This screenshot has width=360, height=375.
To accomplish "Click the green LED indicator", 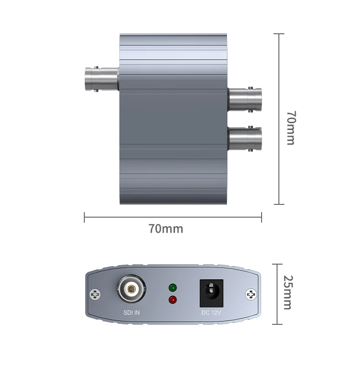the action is point(172,288).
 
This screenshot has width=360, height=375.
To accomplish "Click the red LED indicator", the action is point(172,300).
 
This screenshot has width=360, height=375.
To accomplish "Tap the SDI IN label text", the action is point(132,312).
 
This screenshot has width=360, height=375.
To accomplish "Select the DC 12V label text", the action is point(211,312).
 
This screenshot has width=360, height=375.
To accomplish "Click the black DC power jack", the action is point(211,293).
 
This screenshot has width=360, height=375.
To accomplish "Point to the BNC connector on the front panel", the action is point(131,289).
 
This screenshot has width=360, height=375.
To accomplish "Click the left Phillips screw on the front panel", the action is point(95,294).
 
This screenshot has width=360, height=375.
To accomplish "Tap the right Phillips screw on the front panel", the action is point(251,294).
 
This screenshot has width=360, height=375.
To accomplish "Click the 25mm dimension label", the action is point(288,292).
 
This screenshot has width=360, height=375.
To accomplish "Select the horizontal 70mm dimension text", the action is point(166,229).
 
